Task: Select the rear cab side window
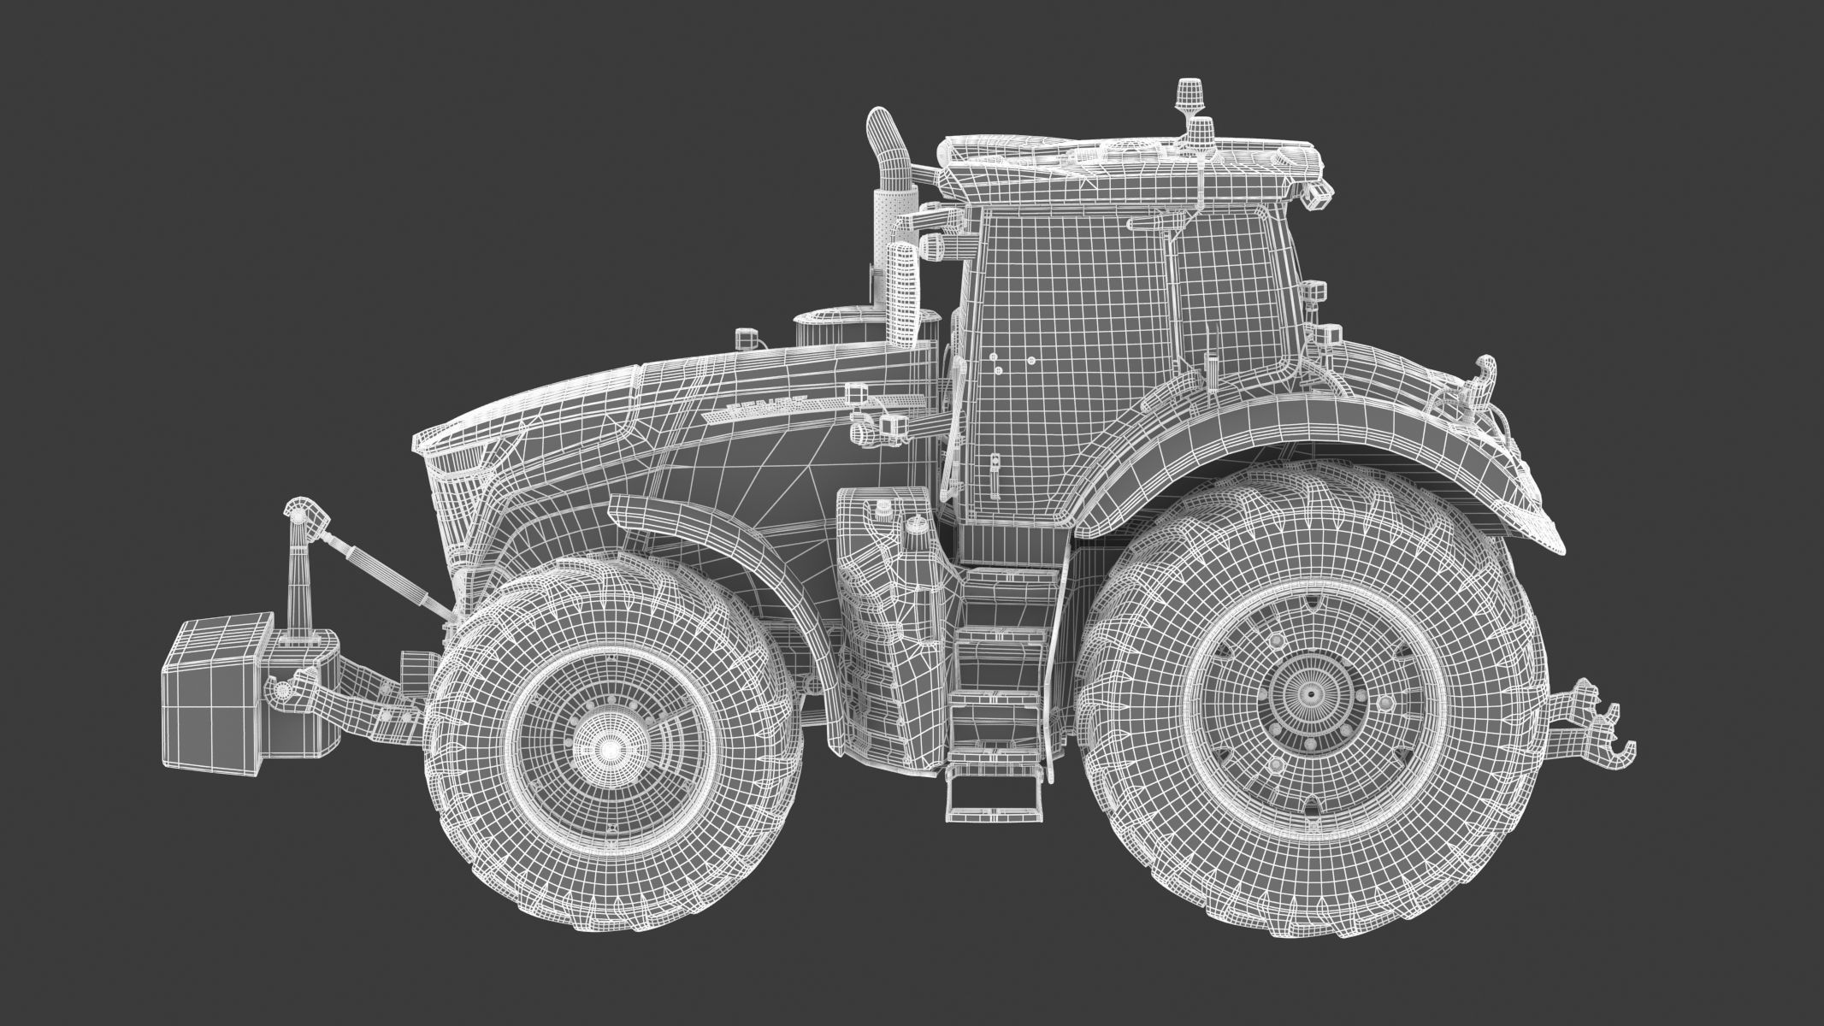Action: (x=1231, y=291)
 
